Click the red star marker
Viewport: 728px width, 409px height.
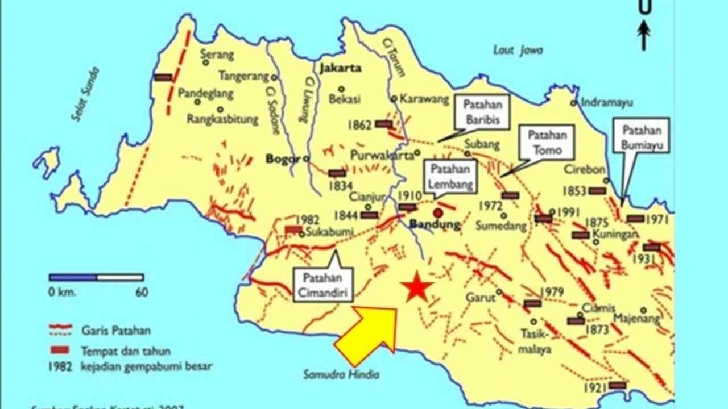[x=416, y=287]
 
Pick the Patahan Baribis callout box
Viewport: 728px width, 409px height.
[x=482, y=112]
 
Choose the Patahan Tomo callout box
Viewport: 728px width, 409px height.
[x=547, y=143]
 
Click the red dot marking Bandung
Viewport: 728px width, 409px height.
[x=437, y=213]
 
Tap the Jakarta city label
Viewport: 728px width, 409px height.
[x=341, y=68]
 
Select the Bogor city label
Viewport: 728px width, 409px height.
[x=283, y=159]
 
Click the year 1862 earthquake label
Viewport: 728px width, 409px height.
[x=362, y=124]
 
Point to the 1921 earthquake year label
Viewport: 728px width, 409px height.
[x=594, y=389]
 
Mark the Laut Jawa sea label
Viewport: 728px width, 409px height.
[x=518, y=50]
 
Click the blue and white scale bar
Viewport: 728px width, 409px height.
[x=96, y=278]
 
